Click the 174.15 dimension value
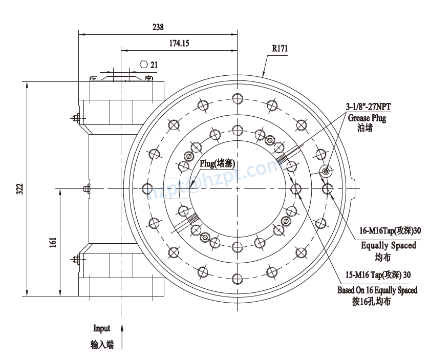click(179, 44)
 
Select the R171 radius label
click(280, 49)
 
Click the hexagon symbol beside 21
click(144, 65)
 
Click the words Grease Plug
click(367, 118)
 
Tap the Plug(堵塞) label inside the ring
click(217, 164)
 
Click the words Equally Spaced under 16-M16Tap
click(389, 245)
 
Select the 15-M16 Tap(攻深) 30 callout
click(378, 274)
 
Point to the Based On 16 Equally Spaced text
click(377, 290)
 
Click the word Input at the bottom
click(101, 328)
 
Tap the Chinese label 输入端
click(102, 345)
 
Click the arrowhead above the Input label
click(122, 327)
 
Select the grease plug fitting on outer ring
click(326, 171)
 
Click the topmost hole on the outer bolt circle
click(237, 98)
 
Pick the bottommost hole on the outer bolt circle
click(237, 279)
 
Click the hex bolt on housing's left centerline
click(85, 189)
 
